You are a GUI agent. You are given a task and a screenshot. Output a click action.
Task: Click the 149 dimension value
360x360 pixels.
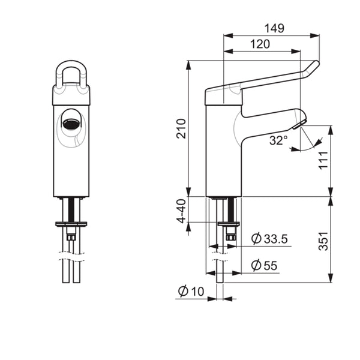tap(274, 28)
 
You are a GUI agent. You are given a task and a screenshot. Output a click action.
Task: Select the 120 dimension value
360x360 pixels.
tap(260, 44)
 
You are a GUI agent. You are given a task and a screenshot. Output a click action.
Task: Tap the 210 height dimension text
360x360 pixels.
tap(181, 128)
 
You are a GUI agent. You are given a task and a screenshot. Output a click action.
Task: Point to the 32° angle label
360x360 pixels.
tap(278, 140)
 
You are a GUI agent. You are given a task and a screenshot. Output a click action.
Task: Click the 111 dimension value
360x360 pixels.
tap(323, 160)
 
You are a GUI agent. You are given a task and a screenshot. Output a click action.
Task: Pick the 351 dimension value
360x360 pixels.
tap(323, 241)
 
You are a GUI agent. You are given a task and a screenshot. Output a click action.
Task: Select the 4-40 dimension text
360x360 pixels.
tap(181, 211)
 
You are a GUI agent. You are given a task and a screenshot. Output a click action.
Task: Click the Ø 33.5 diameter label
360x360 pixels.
tap(269, 239)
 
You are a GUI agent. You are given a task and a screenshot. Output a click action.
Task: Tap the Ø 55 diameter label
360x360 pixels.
tap(264, 265)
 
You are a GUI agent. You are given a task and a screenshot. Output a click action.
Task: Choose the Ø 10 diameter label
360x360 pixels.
tap(191, 292)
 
